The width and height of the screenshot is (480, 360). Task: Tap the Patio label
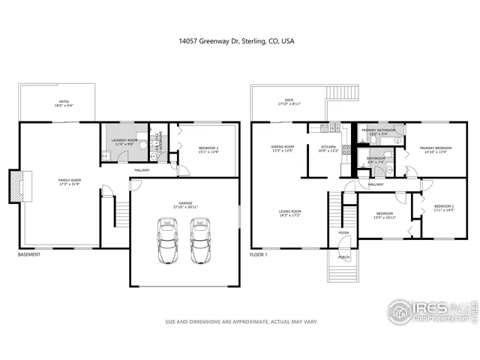[x=58, y=103]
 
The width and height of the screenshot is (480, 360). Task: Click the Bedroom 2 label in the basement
[x=208, y=149]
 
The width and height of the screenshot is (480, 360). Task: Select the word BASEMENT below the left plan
[x=29, y=254]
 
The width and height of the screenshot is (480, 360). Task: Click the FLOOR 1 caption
[x=259, y=254]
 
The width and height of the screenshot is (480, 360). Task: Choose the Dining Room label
[x=283, y=148]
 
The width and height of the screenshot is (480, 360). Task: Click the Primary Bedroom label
[x=436, y=149]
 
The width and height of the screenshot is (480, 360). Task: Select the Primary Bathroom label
[x=378, y=132]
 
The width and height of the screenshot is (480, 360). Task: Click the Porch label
[x=343, y=257]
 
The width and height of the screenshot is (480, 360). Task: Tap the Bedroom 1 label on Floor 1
[x=444, y=208]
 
